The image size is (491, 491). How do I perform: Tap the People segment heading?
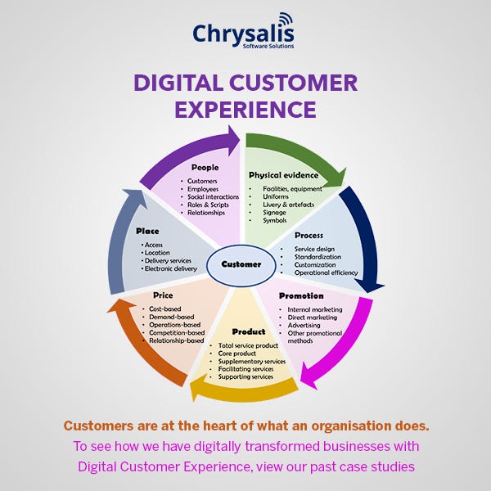(x=205, y=168)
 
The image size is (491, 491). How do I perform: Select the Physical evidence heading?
(x=282, y=175)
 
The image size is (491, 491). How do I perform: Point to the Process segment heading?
(x=309, y=235)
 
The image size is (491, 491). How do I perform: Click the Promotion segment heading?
(x=301, y=295)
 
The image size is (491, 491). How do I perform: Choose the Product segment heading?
(x=249, y=331)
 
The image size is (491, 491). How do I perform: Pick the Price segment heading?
(x=162, y=294)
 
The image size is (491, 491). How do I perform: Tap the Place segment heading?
(x=148, y=230)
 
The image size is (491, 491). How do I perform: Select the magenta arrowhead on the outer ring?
(x=309, y=374)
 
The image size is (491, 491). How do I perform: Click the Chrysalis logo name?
(x=243, y=34)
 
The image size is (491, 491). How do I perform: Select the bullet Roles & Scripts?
(x=209, y=204)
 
